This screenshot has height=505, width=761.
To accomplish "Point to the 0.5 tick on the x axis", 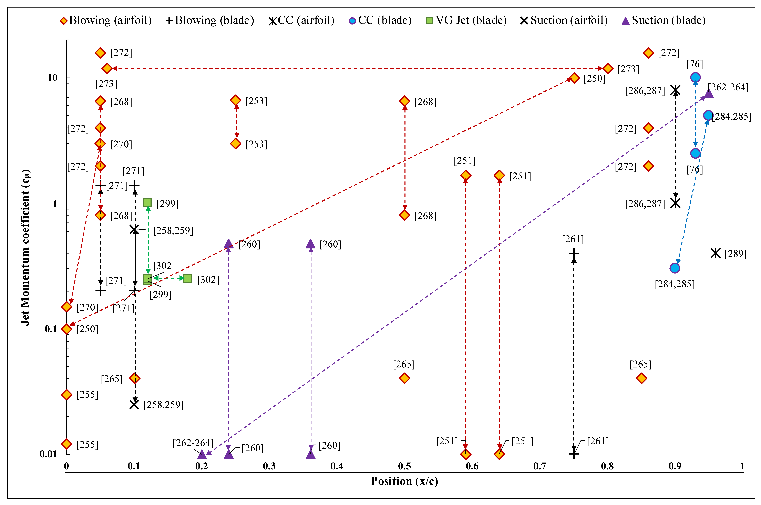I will [404, 466].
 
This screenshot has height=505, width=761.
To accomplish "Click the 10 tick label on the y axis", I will [52, 78].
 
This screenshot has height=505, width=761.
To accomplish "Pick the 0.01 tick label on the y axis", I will [48, 454].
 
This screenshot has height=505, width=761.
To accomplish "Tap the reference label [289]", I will [736, 254].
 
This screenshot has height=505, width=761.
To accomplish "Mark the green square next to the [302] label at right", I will [188, 279].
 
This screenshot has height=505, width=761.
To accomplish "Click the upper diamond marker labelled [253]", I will [236, 100].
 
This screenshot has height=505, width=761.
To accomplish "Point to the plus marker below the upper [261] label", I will [574, 254].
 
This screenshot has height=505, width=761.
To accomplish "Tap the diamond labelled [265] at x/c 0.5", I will [404, 378].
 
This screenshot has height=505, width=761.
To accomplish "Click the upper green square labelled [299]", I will [147, 203].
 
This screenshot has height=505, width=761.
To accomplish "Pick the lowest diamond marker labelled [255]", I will [67, 444].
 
